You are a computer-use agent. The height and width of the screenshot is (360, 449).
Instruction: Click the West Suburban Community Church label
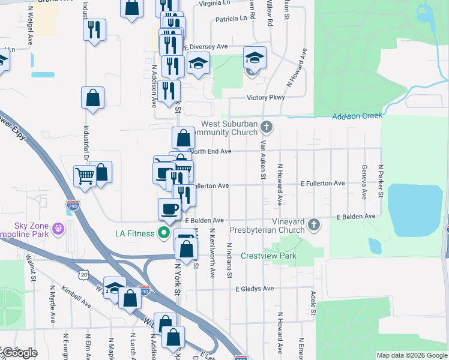tap(229, 128)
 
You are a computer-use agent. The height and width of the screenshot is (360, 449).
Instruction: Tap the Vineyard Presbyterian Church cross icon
tap(313, 225)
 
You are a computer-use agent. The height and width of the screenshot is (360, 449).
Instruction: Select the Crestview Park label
tap(268, 256)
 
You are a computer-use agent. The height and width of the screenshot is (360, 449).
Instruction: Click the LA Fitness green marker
tap(163, 233)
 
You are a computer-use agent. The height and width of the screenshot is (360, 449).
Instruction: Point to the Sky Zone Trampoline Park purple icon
tap(58, 227)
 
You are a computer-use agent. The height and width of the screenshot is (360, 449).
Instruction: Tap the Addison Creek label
tap(357, 116)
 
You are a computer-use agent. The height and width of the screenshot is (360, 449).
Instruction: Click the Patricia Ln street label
tap(231, 19)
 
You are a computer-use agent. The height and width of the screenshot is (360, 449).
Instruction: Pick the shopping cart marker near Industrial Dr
tap(85, 176)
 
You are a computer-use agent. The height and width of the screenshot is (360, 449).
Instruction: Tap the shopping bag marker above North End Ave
tap(182, 137)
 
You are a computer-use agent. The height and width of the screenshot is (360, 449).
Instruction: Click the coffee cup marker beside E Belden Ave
tap(169, 208)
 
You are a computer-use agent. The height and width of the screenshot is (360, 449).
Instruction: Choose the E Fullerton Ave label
tap(322, 183)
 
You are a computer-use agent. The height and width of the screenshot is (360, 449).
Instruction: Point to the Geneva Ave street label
tap(364, 182)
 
